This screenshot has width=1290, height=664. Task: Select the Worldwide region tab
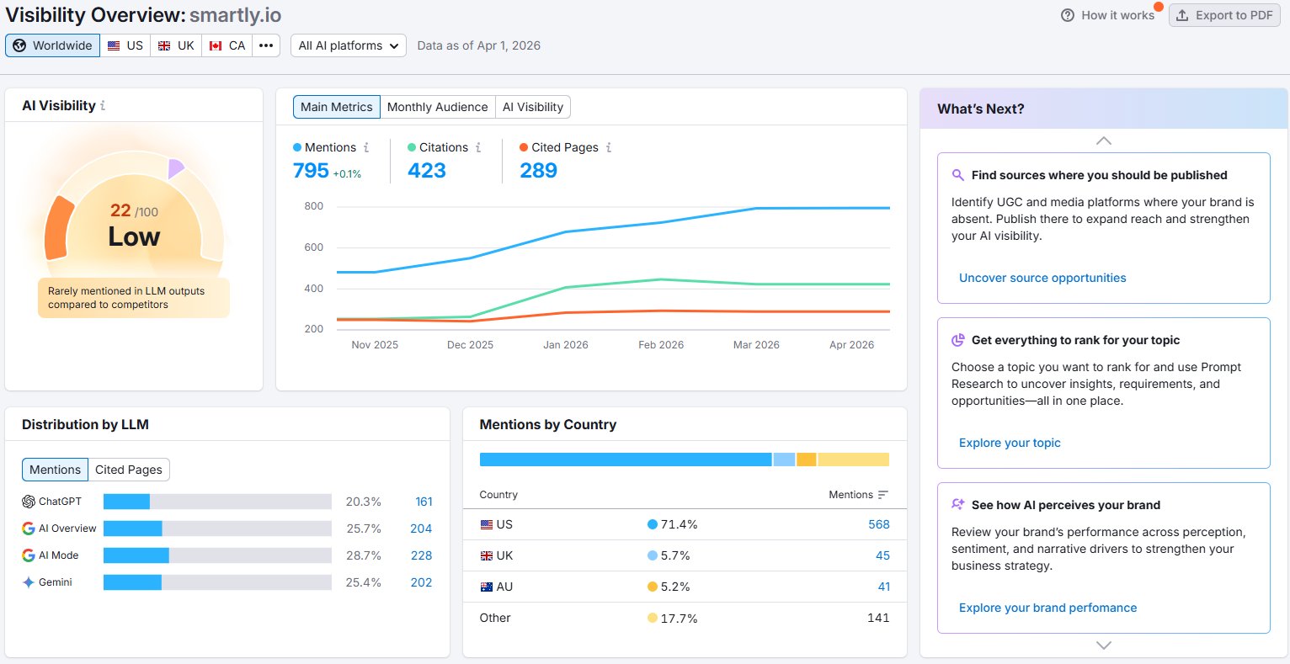coord(52,45)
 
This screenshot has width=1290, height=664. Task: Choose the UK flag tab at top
coord(176,45)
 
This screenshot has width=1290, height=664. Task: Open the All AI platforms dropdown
coord(348,45)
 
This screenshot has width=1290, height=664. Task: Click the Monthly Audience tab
coord(437,107)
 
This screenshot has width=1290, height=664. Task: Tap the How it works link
coord(1108,15)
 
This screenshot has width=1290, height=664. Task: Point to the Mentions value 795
coord(311,171)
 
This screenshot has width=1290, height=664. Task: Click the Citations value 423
coord(426,171)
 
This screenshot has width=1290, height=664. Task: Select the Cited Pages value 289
coord(538,171)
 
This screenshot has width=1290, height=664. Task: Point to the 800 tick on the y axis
coord(313,206)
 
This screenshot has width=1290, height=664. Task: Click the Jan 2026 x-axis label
coord(565,345)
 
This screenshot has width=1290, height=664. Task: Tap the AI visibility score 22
coord(120,210)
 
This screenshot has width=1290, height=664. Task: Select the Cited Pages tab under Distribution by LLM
coord(129,470)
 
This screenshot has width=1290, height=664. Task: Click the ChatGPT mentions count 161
coord(424,502)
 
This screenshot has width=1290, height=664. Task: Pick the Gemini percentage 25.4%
coord(363,582)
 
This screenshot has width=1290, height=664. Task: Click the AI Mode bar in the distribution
coord(136,555)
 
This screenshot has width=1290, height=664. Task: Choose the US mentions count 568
coord(878,524)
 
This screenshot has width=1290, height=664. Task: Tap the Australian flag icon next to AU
coord(486,587)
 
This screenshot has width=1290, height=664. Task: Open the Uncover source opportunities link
coord(1042,278)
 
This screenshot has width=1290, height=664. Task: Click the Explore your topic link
coord(1010,443)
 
